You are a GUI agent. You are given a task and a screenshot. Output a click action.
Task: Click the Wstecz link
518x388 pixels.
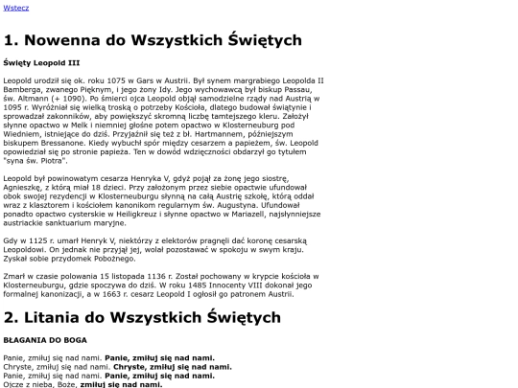coord(16,8)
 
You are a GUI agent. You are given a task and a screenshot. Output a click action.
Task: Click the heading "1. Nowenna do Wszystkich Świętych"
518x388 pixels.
coord(153,40)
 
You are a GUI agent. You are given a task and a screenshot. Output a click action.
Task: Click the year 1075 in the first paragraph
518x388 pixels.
coord(125,81)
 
